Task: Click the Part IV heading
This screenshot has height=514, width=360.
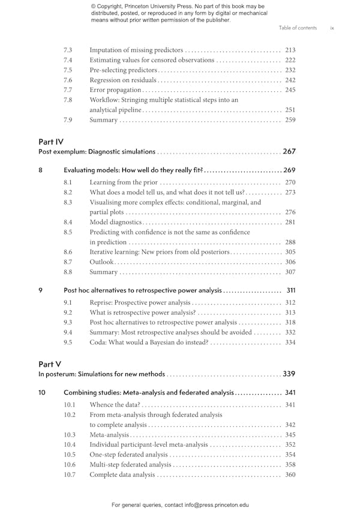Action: pos(51,142)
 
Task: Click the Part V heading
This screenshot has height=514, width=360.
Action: pos(50,364)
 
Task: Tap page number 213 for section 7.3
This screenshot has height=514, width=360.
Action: pos(290,50)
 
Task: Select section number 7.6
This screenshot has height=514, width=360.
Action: pos(68,80)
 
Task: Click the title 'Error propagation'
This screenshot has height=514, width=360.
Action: pos(115,90)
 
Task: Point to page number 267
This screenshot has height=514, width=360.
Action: pos(289,152)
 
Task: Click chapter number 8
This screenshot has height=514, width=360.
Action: pos(40,170)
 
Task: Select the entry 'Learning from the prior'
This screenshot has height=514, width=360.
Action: pos(123,182)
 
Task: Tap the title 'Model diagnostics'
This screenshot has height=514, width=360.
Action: pos(115,223)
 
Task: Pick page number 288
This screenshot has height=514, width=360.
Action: pos(290,242)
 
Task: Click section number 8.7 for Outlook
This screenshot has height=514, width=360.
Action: pos(68,262)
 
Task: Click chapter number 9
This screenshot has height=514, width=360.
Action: pos(40,290)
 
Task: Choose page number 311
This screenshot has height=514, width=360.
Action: pos(291,290)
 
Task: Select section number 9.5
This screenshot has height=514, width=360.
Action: pos(68,342)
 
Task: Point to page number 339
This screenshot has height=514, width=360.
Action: pos(289,374)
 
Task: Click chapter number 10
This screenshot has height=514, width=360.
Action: pos(42,392)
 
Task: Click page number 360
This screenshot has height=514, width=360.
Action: pos(290,474)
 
